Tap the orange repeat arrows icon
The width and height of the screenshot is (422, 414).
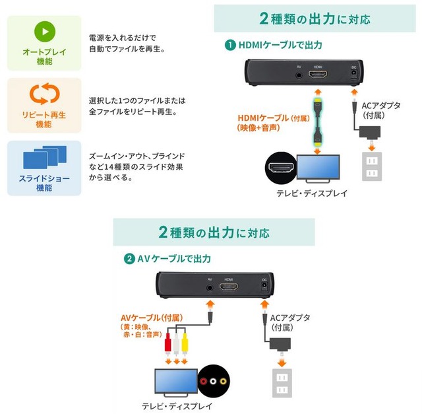coord(44,95)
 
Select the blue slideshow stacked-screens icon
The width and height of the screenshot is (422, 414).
coord(44,158)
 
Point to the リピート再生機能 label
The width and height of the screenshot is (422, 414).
coord(44,120)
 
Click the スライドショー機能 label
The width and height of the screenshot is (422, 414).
coord(44,183)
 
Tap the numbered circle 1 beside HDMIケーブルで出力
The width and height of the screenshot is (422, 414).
coord(230,46)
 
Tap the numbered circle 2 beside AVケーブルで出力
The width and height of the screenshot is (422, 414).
coord(129,258)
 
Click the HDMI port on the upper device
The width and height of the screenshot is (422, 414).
coord(318,75)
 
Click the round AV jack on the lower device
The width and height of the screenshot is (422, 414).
coord(210,287)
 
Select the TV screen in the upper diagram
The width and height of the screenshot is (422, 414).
coord(319,168)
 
